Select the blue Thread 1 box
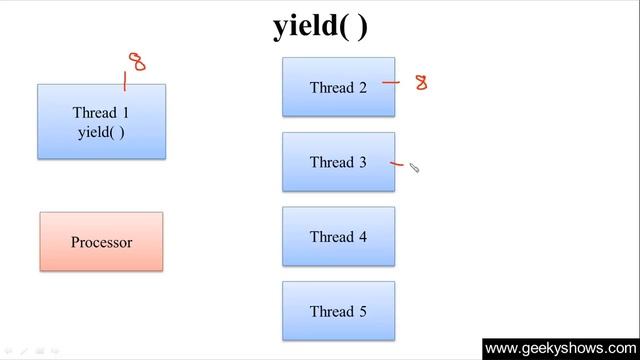tap(101, 121)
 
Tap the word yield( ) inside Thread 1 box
tap(101, 131)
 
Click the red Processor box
tap(101, 241)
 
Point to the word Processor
tap(101, 242)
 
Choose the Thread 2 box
tap(338, 87)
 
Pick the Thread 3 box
tap(338, 162)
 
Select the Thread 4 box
tap(338, 237)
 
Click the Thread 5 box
tap(338, 311)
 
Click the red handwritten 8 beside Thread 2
tap(421, 82)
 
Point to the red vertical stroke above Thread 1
tap(125, 79)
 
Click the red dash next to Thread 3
tap(397, 163)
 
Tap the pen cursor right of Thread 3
tap(414, 169)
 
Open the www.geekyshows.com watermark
tap(560, 348)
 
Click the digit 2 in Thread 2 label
tap(362, 88)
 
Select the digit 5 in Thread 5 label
tap(362, 312)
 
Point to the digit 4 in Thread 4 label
tap(362, 238)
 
